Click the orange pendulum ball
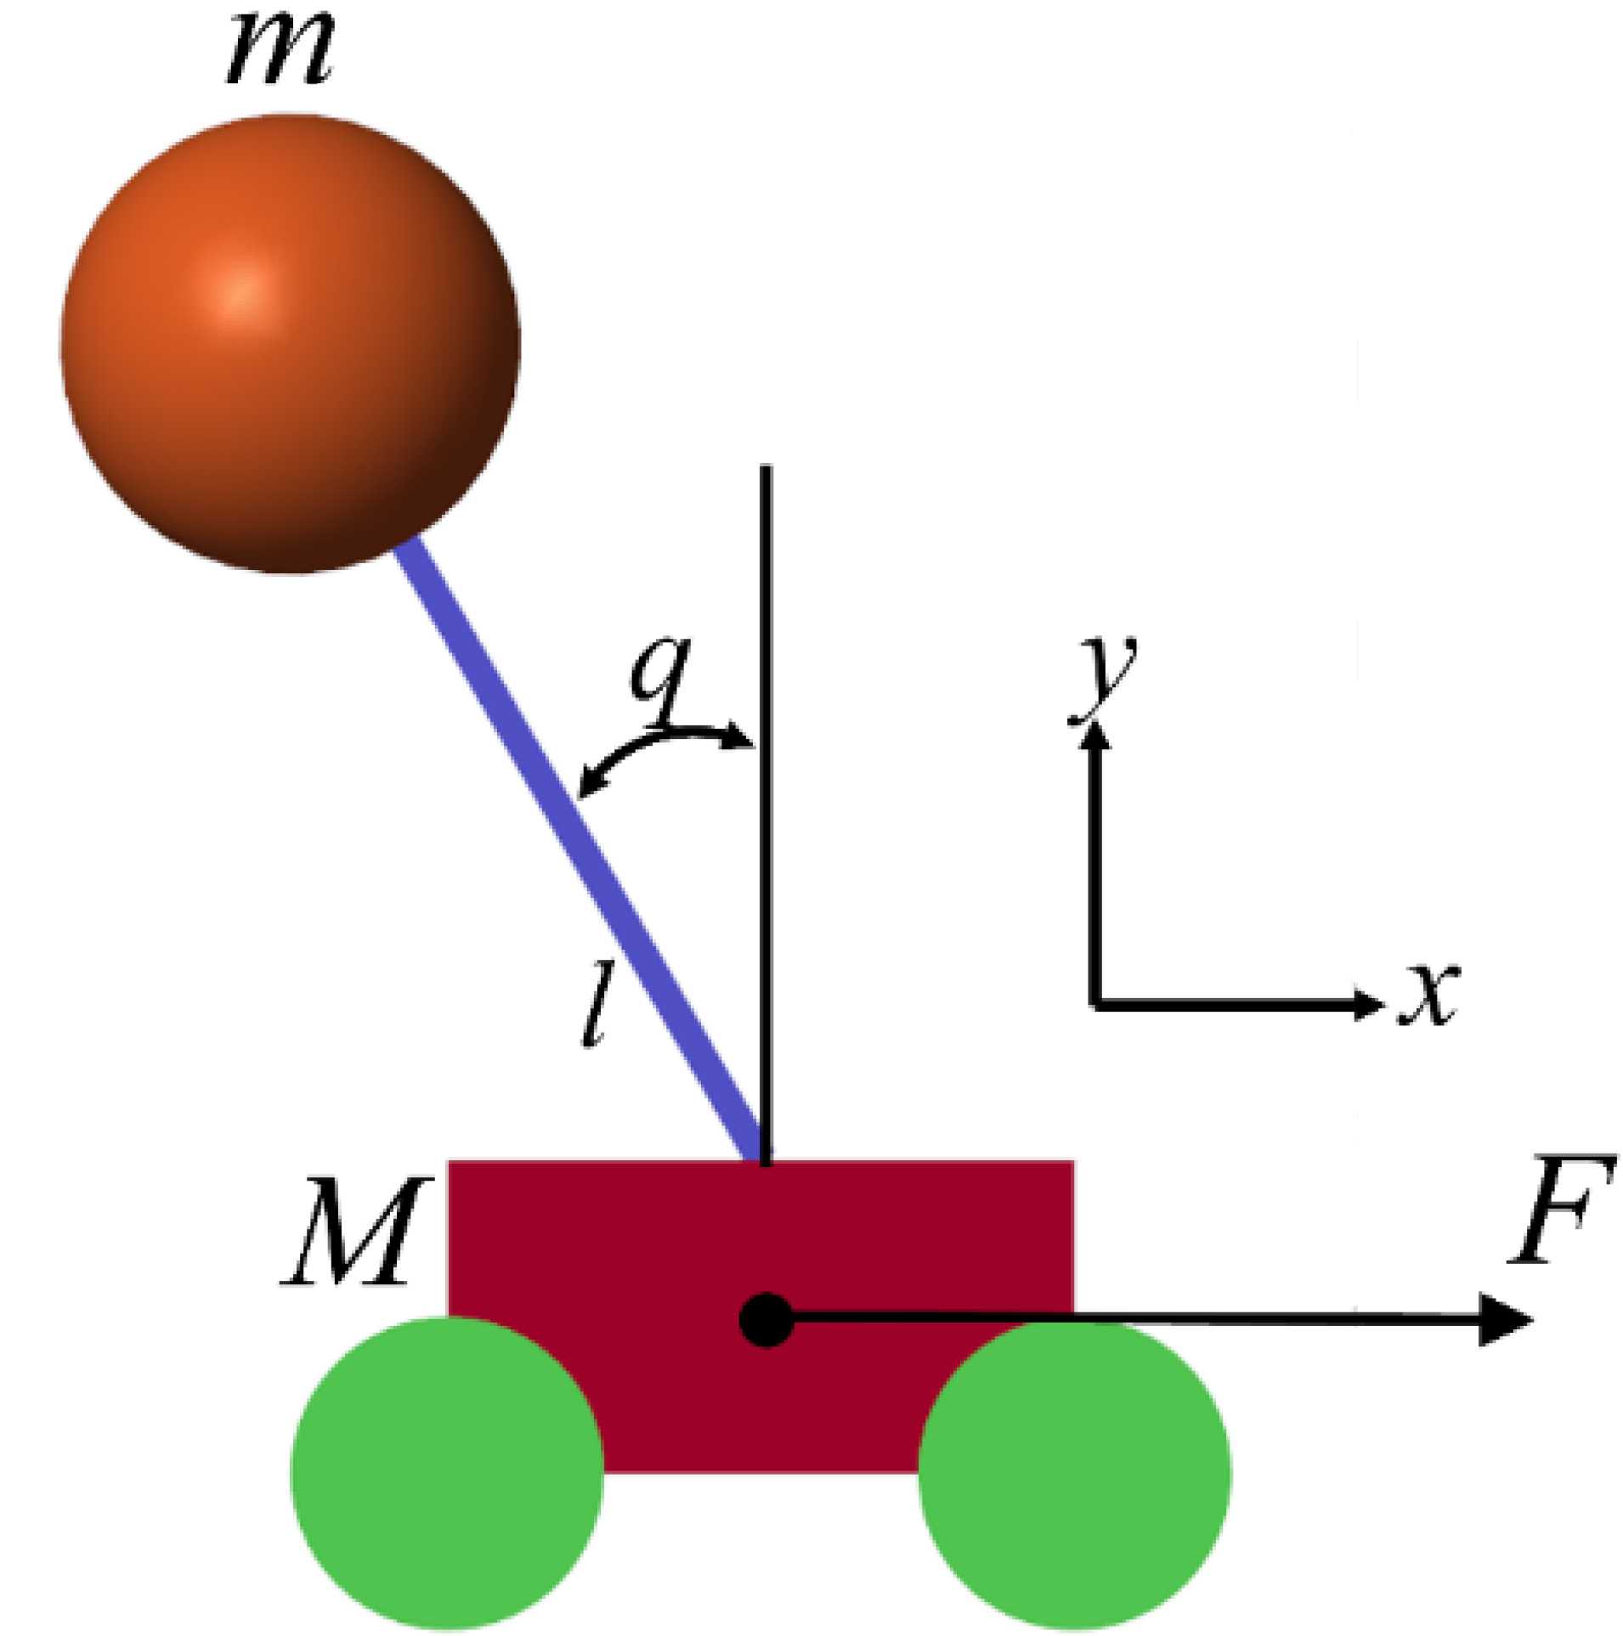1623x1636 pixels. click(x=289, y=344)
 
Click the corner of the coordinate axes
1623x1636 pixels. click(x=1097, y=1004)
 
